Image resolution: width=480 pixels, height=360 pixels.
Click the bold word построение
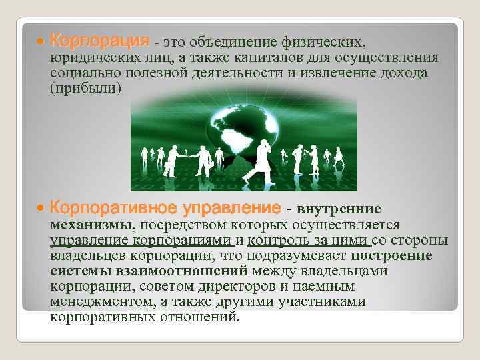click(392, 256)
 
